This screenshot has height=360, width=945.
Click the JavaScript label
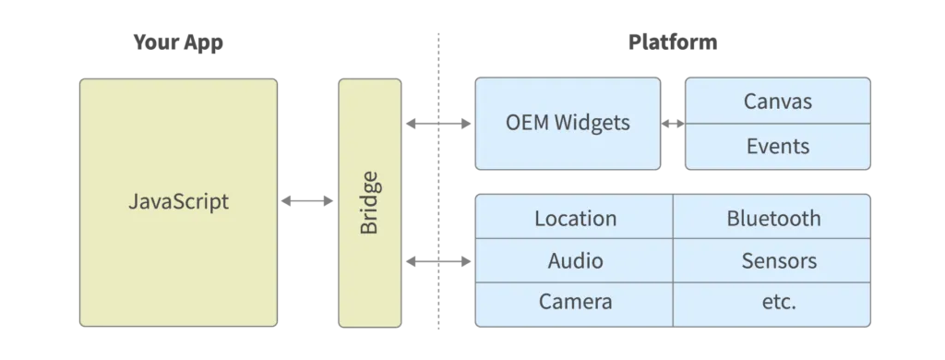point(178,202)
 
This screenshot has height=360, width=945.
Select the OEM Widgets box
point(568,123)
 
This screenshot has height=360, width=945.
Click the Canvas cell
point(777,101)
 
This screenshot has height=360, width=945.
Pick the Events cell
point(777,146)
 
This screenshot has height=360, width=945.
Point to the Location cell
point(575,219)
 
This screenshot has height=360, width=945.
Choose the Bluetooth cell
point(773,219)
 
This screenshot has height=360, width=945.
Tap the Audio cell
point(575,260)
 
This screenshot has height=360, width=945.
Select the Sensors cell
point(779,260)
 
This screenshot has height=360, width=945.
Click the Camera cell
point(575,302)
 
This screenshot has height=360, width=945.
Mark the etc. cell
point(773,302)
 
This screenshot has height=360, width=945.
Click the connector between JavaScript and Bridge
point(307,198)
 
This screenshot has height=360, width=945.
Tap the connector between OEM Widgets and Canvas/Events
point(673,123)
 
